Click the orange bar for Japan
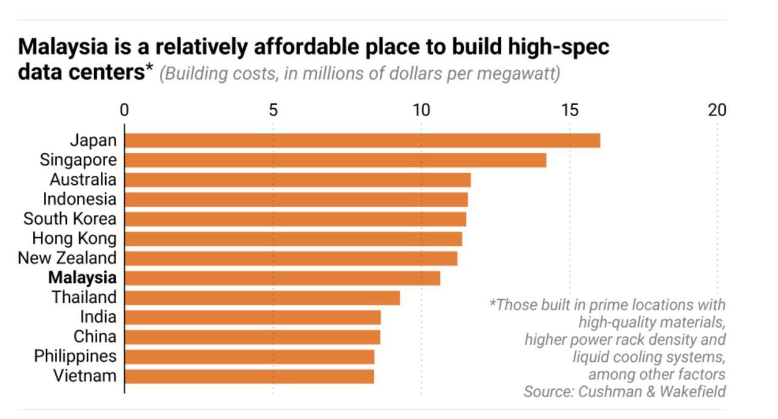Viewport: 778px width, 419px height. (x=362, y=140)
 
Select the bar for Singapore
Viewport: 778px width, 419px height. (x=336, y=160)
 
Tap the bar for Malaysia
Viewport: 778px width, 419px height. (x=282, y=278)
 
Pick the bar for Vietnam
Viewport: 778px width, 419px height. (x=249, y=376)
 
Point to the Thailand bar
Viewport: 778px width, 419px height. (x=262, y=298)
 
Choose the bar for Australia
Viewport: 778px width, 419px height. (x=297, y=180)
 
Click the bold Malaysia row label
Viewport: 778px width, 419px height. (x=82, y=278)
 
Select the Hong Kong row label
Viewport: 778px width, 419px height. (x=74, y=238)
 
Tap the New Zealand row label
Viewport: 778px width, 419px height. (x=67, y=258)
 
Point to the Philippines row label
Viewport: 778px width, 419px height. (x=75, y=356)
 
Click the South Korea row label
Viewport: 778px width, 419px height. (x=70, y=219)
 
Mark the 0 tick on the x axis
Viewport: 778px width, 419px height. (x=124, y=110)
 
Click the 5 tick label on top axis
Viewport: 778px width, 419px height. (x=273, y=110)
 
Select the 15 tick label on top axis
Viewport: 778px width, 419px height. (x=570, y=110)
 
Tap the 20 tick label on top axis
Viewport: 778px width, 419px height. (x=717, y=110)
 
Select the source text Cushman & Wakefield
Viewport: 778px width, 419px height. (x=652, y=391)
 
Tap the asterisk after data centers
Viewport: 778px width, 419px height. (x=150, y=69)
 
